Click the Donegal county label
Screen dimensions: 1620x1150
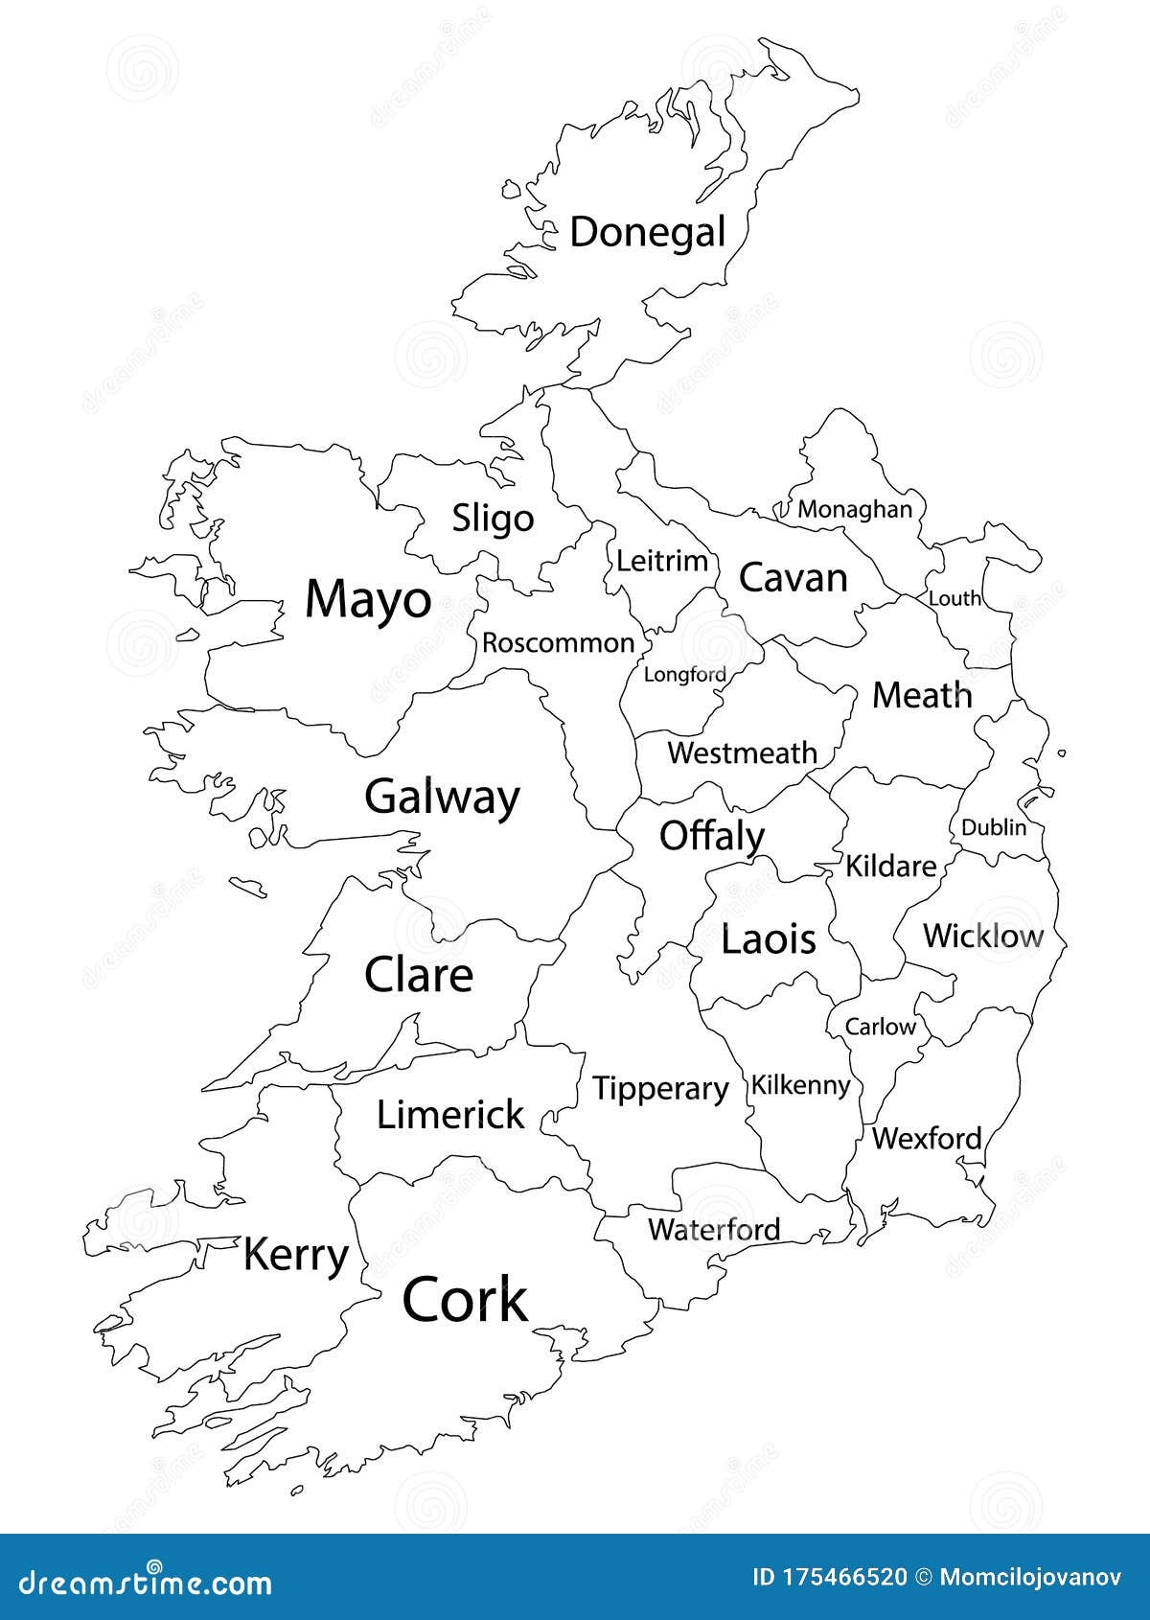(x=648, y=233)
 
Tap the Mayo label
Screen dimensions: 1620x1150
(x=368, y=600)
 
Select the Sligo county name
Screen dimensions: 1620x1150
(x=493, y=519)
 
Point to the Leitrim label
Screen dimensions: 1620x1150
(x=661, y=561)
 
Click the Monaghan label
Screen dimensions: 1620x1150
(x=855, y=509)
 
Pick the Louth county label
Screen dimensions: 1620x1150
(x=954, y=598)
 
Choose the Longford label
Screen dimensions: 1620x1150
(x=684, y=675)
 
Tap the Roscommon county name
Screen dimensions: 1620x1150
(x=558, y=642)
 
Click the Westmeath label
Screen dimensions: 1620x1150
(x=742, y=752)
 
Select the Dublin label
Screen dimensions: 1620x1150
(x=993, y=826)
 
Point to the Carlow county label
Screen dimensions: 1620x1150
(x=880, y=1027)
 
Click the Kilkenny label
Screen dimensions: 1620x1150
(x=800, y=1085)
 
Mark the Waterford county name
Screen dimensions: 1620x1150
(x=714, y=1229)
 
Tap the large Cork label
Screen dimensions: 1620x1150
(x=465, y=1301)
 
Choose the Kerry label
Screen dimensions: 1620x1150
(x=295, y=1255)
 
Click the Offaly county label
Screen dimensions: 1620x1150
(x=711, y=836)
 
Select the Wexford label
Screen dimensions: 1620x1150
(x=927, y=1139)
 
